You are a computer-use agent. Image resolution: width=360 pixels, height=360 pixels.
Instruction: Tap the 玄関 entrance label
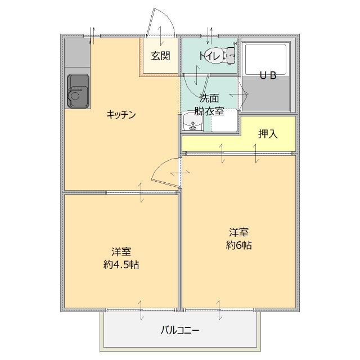point(160,56)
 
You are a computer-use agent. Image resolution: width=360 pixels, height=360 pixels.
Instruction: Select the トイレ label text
point(209,55)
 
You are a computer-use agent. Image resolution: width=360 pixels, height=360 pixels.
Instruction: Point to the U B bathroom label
point(267,76)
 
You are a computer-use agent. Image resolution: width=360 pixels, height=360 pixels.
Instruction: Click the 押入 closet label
point(268,134)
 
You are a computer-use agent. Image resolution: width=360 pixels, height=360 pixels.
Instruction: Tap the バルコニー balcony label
point(180,330)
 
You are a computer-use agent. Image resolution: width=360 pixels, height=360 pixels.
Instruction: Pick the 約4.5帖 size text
point(121,264)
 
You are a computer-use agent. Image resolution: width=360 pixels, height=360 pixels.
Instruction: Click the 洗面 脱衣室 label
point(209,105)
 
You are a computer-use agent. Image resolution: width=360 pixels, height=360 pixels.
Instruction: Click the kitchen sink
point(78,90)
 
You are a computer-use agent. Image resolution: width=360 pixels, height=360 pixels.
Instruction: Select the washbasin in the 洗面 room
point(192,122)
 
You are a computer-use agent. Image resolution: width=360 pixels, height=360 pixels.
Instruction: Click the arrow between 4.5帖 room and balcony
point(141,308)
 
